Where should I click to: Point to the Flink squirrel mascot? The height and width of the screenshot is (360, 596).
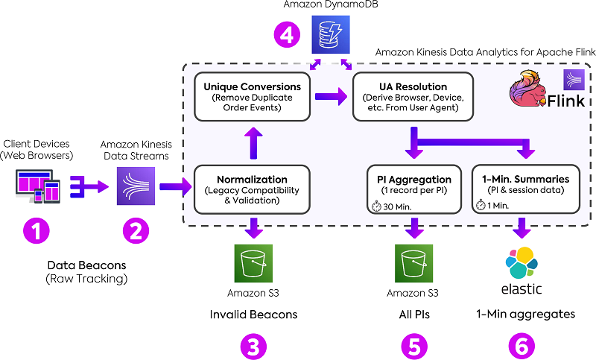(530, 90)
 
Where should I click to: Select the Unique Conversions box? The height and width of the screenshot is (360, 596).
(252, 96)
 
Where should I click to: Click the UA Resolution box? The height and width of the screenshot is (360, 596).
(412, 96)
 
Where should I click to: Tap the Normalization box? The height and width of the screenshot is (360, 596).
(252, 189)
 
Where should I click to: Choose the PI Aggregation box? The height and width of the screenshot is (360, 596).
(412, 189)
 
